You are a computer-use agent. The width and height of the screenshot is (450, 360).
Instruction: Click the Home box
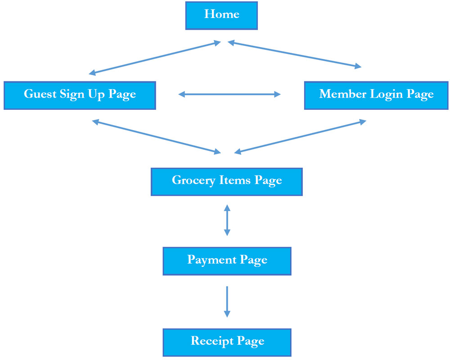pos(221,15)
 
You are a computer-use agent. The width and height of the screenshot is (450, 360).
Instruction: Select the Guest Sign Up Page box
pos(80,95)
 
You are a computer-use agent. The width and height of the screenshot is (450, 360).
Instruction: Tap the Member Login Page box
pos(376,95)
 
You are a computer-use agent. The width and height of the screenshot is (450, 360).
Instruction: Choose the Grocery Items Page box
pos(226,181)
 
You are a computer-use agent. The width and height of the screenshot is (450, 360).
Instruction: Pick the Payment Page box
pos(227,261)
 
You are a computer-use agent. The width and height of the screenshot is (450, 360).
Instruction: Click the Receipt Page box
pos(227,342)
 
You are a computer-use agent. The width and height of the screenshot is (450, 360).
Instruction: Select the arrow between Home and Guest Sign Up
pos(155,58)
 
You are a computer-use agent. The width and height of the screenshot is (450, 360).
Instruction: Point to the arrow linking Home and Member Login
pos(294,55)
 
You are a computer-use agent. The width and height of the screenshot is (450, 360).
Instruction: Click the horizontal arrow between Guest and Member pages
pos(229,94)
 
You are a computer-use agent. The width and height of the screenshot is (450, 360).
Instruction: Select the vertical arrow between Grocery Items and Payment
pos(227,220)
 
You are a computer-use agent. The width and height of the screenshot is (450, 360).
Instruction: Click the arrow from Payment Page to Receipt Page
pos(227,301)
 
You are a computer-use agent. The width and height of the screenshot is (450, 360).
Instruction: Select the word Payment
pos(211,260)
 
